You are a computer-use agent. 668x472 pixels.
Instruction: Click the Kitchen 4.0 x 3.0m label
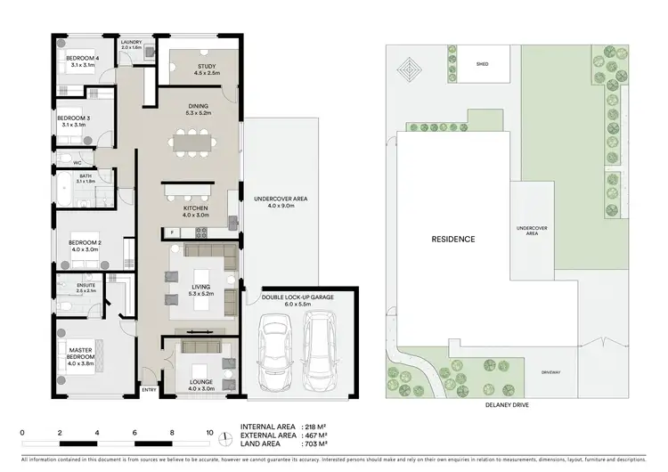pos(195,210)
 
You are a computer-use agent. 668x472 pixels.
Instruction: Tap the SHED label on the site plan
pos(482,64)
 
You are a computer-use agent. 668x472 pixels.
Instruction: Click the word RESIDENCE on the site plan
pos(453,239)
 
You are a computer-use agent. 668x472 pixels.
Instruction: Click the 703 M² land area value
pos(319,442)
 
